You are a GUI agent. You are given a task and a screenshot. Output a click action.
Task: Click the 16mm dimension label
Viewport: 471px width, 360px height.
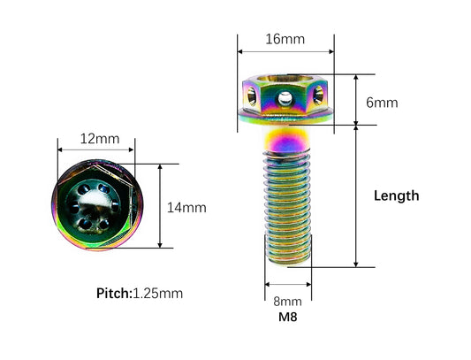coord(285,39)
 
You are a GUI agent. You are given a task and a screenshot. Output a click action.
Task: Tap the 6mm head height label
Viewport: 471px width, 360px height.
coord(382,103)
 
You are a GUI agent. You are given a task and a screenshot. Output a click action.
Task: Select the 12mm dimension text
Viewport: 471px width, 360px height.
coord(100,139)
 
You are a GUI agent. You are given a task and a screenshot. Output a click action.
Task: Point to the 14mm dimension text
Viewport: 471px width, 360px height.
coord(186,208)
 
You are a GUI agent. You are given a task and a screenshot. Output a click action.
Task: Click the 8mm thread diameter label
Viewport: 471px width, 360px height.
coord(287,302)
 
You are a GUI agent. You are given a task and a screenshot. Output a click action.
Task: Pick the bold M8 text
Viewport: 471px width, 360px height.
coord(287,317)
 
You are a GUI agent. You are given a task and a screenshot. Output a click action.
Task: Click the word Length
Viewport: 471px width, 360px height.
coord(396,196)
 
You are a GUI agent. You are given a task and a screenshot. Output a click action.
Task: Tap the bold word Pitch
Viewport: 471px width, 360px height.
coord(114,294)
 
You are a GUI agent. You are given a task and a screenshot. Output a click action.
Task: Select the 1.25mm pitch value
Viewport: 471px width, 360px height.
coord(157,294)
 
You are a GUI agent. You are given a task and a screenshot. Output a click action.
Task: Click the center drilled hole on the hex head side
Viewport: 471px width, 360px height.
coord(285,99)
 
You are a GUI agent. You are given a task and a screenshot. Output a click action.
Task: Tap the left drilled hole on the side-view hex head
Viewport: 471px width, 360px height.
coord(252,96)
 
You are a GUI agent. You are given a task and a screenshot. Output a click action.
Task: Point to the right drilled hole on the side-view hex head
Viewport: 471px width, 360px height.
coord(318,95)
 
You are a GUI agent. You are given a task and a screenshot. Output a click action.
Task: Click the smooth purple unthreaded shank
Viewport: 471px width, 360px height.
coord(286,139)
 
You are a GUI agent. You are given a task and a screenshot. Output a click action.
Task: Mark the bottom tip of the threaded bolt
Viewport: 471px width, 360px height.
coord(288,264)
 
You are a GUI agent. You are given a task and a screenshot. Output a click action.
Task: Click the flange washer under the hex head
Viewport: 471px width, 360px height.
coord(285,117)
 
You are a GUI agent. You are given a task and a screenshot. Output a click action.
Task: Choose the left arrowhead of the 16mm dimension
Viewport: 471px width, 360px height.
coord(240,51)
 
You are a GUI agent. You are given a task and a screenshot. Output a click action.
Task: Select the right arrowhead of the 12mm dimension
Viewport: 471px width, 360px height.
coord(132,149)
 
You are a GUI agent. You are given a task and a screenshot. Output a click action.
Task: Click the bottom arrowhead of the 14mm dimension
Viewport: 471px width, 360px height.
coord(160,245)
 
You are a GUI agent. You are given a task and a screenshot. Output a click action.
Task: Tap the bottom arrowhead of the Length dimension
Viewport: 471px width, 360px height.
coord(355,264)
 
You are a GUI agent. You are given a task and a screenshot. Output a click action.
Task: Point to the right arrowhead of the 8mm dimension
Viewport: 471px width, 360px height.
coord(308,284)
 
